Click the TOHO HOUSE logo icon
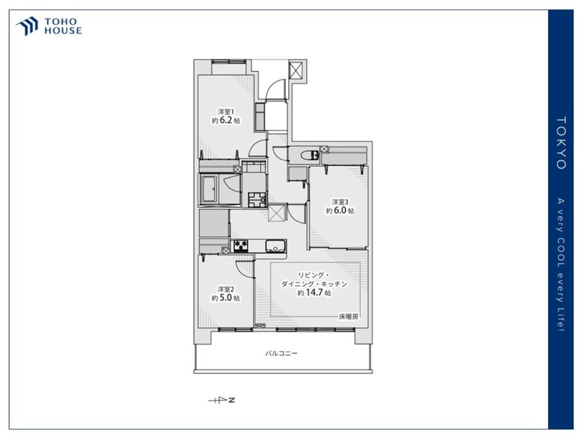tap(27, 26)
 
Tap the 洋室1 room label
tap(226, 112)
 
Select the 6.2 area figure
tap(226, 120)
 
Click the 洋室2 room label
tap(226, 289)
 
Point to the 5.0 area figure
tap(226, 298)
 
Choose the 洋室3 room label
tap(340, 202)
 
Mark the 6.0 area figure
tap(340, 211)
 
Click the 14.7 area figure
tap(314, 293)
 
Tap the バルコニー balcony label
tap(281, 353)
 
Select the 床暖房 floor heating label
tap(349, 317)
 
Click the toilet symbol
tap(310, 155)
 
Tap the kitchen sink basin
tap(276, 246)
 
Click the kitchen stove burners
tap(241, 246)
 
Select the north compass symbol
tap(222, 400)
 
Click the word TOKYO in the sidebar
tap(562, 143)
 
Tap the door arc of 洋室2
tap(245, 269)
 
